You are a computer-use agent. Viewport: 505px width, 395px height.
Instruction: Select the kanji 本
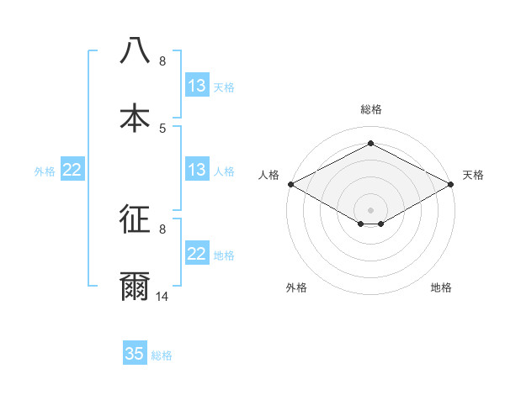click(x=135, y=118)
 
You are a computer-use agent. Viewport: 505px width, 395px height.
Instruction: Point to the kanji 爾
click(x=135, y=287)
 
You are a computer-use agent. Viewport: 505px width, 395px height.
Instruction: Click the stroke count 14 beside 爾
click(x=162, y=296)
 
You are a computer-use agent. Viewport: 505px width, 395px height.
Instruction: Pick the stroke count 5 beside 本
click(x=162, y=128)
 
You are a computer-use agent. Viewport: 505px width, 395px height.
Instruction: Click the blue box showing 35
click(x=135, y=354)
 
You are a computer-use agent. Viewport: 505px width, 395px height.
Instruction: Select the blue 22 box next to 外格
click(x=72, y=170)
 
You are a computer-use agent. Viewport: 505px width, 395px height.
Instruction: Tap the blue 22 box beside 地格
click(x=197, y=254)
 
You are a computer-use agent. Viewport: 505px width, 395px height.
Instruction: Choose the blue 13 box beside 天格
click(x=197, y=86)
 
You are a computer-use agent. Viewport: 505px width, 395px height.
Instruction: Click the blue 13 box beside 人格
click(x=197, y=170)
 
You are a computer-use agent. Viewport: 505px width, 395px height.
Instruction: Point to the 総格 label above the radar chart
click(x=371, y=109)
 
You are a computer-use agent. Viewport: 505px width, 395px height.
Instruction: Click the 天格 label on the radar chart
click(x=474, y=175)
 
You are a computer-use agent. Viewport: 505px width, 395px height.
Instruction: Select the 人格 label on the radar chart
click(x=268, y=175)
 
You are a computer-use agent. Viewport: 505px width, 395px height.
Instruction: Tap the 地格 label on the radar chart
click(x=441, y=287)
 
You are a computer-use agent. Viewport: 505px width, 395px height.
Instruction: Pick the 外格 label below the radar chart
click(x=296, y=287)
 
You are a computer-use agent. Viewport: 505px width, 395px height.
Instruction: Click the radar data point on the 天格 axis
click(x=452, y=183)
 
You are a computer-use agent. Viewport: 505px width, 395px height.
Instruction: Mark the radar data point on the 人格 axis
click(x=290, y=183)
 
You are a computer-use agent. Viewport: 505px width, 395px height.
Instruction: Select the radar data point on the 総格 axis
click(x=371, y=143)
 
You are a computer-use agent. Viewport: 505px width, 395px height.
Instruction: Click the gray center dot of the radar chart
click(x=371, y=209)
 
